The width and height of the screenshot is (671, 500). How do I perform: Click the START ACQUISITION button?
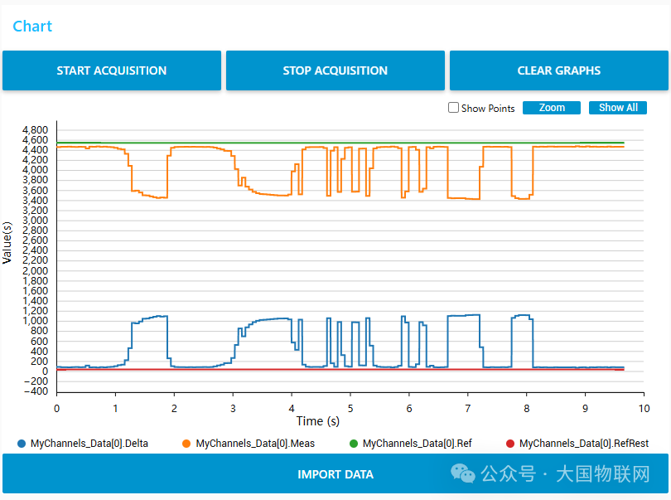coord(112,70)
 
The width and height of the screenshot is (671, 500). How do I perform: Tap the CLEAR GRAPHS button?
coord(558,70)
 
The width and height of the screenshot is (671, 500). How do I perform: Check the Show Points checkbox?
coord(453,108)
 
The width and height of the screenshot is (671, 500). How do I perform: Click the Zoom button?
coord(552,108)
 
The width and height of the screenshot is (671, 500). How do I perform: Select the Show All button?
coord(618,108)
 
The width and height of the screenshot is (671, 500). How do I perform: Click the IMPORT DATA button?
coord(335,474)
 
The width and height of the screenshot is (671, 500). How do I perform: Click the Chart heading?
coord(32,27)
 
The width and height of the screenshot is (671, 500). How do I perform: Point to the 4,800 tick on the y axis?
coord(36,130)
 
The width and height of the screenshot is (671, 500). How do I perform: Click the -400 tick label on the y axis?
coord(36,391)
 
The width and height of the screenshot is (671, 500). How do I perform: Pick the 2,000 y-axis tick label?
coord(36,271)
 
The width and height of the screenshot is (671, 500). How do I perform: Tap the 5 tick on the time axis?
coord(350,408)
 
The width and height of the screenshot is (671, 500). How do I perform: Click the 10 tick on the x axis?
coord(643,408)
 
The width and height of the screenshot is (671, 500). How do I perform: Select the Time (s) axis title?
coord(318,421)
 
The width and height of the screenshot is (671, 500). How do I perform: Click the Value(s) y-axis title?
coord(7,242)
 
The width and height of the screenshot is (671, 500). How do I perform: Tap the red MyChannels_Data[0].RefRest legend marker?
coord(510,444)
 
